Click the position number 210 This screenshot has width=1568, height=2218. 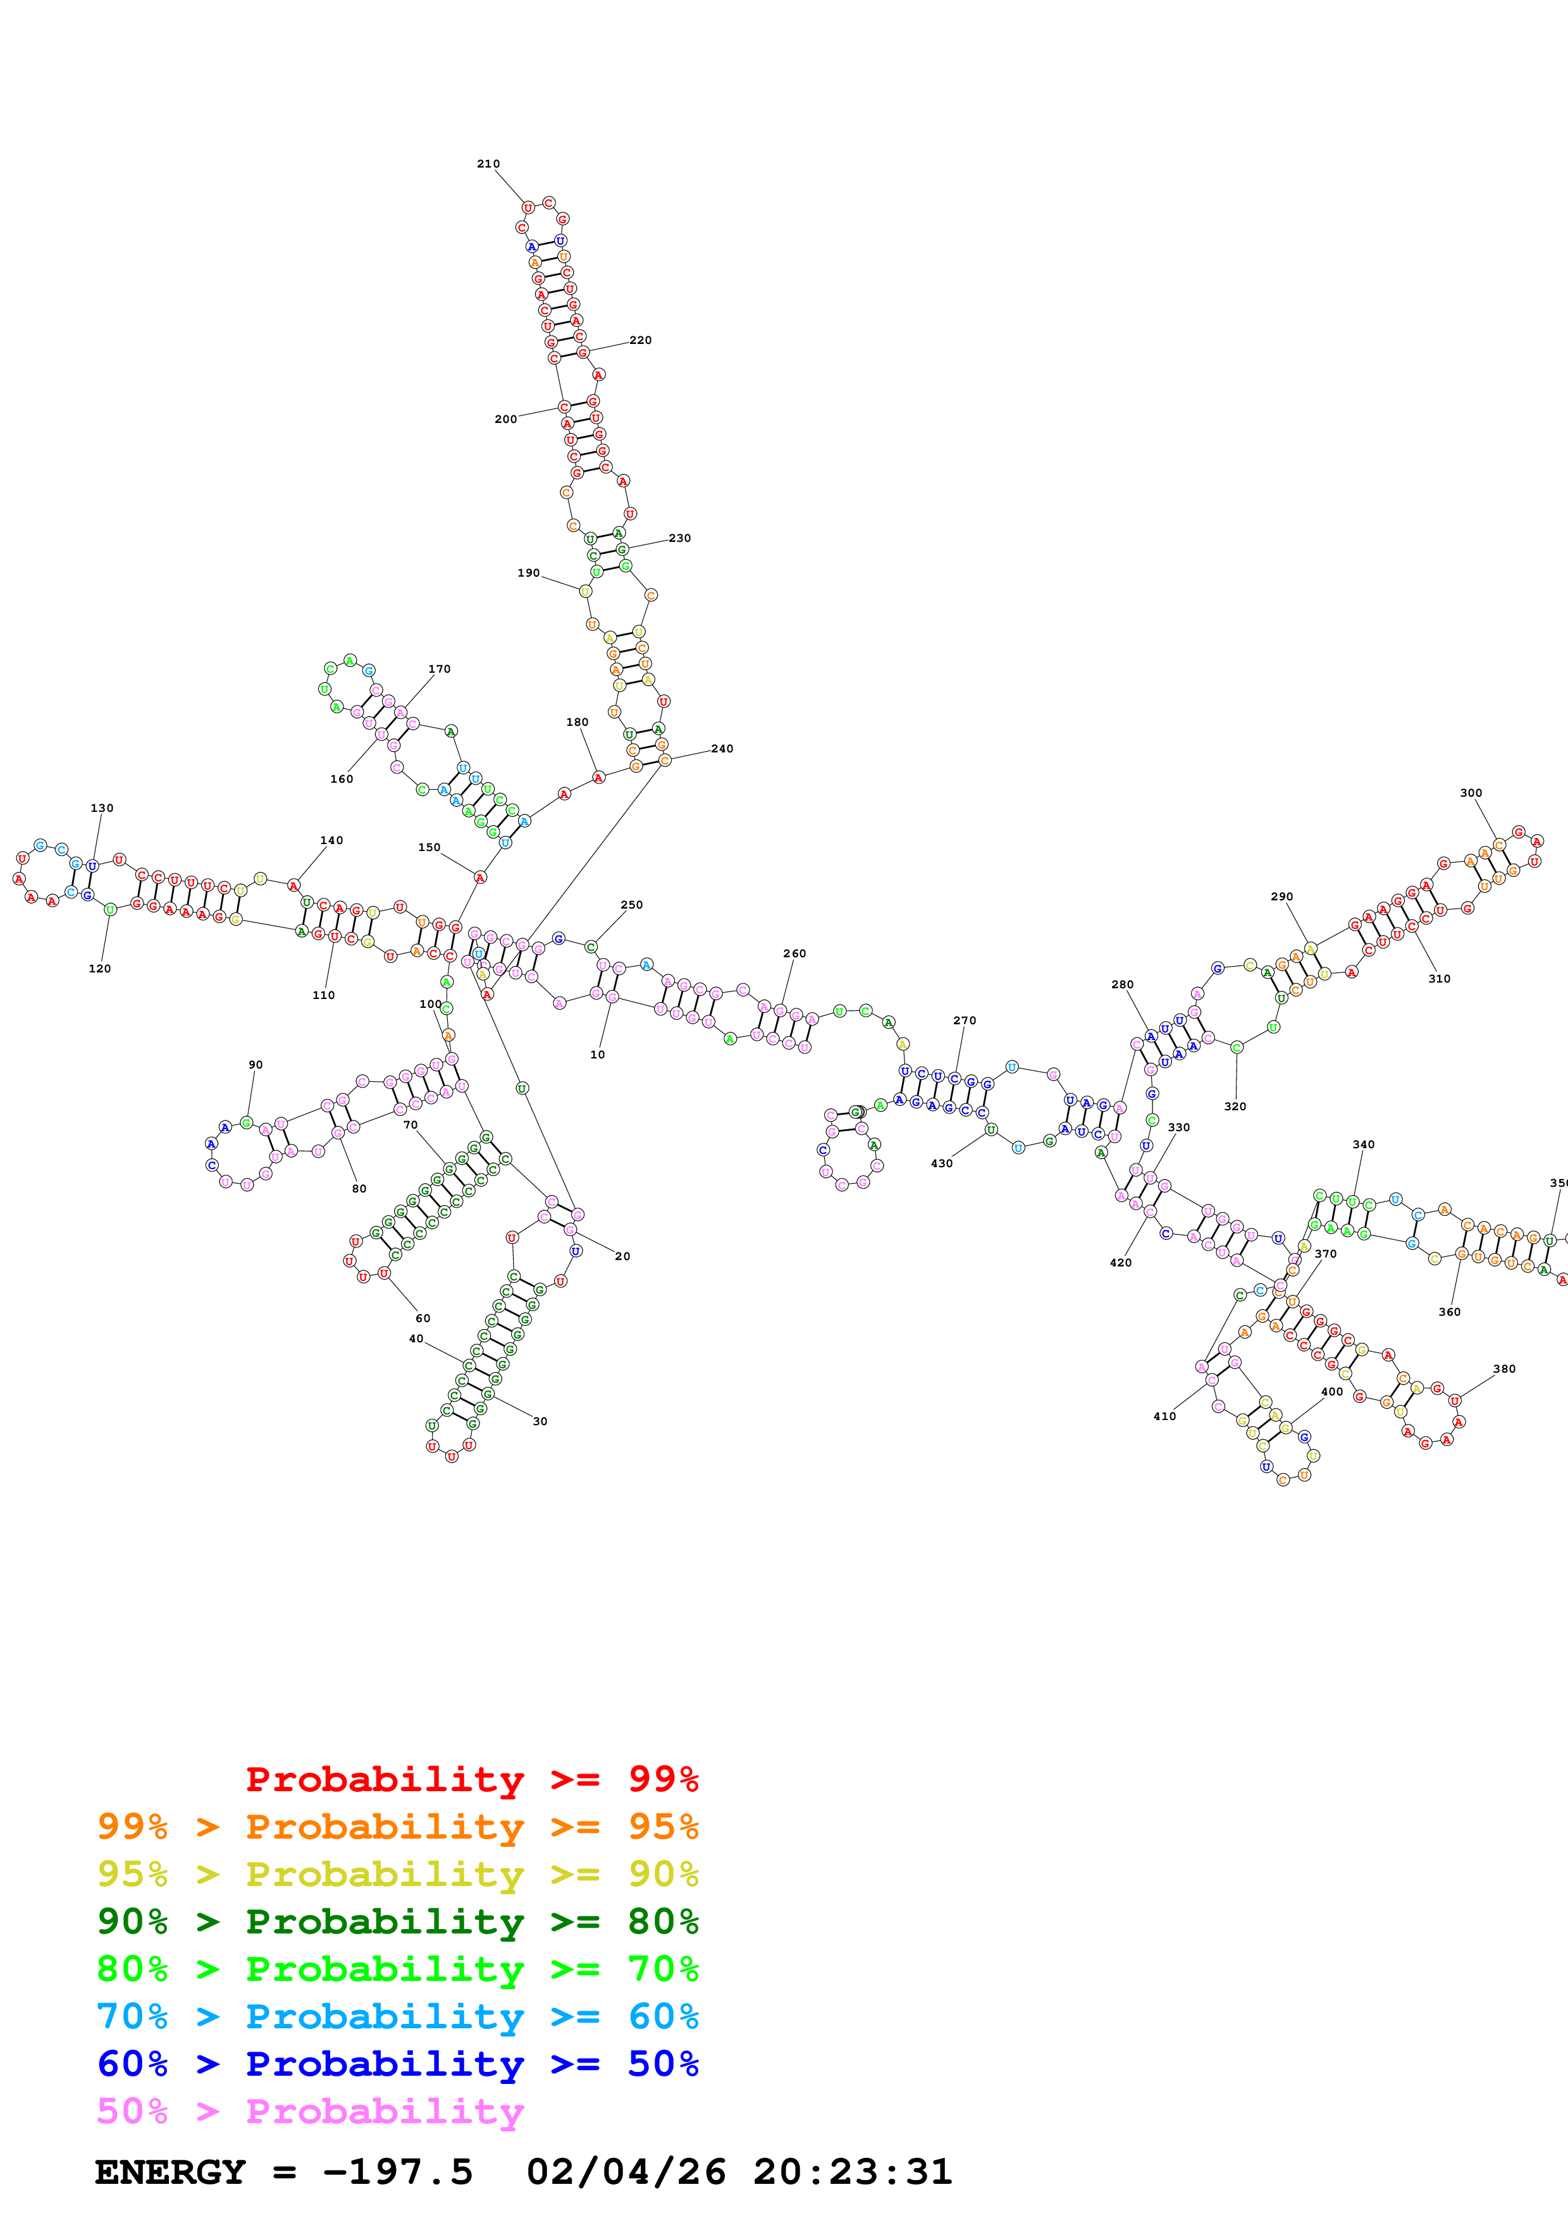tap(488, 164)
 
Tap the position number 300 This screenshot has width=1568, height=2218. tap(1471, 793)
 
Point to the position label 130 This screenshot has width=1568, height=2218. tap(101, 809)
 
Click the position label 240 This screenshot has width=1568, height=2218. tap(722, 749)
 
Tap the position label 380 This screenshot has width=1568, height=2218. tap(1503, 1369)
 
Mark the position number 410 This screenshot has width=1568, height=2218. tap(1164, 1416)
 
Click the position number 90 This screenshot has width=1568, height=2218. tap(255, 1065)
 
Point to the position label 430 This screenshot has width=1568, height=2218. tap(941, 1163)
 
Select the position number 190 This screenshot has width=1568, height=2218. tap(528, 573)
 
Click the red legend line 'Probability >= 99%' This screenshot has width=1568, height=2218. tap(471, 1779)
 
